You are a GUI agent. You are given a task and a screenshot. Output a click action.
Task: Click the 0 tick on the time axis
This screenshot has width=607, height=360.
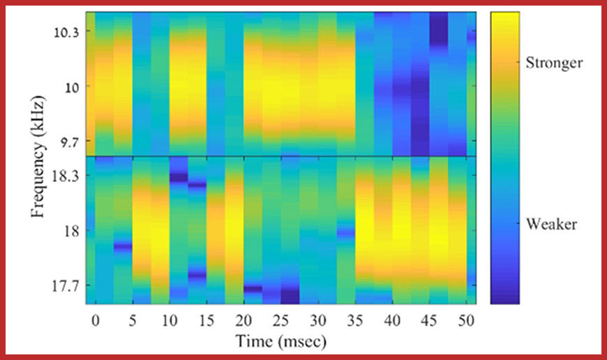click(x=96, y=320)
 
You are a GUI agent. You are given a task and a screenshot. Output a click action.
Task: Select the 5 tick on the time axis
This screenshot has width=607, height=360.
click(x=133, y=320)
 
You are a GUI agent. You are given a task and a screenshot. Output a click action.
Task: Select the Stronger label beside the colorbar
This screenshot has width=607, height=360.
click(x=555, y=63)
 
